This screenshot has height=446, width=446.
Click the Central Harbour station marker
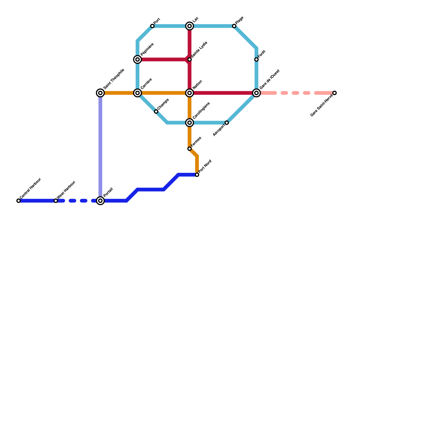(x=18, y=201)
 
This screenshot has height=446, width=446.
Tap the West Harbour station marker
(x=56, y=201)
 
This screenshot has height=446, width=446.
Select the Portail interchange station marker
(x=100, y=201)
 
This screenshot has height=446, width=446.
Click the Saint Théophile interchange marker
(x=100, y=93)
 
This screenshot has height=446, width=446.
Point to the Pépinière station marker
(x=137, y=59)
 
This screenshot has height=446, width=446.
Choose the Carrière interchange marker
(x=137, y=93)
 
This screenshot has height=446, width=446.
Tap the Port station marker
(x=152, y=26)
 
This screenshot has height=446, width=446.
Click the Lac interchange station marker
(x=190, y=26)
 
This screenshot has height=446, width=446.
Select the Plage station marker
(x=234, y=26)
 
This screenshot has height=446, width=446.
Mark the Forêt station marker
(x=256, y=59)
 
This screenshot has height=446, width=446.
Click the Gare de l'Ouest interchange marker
(x=256, y=93)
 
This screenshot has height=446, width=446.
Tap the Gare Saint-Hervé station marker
(x=334, y=93)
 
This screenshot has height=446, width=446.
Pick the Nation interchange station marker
(x=190, y=93)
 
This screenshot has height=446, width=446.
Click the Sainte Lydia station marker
(x=190, y=59)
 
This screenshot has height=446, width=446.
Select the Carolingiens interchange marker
(x=190, y=123)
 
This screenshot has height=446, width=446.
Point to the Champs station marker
(x=156, y=111)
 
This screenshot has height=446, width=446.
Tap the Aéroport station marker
(x=227, y=123)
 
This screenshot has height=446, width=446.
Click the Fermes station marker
(x=190, y=149)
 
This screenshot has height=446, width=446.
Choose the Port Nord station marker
(x=197, y=175)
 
